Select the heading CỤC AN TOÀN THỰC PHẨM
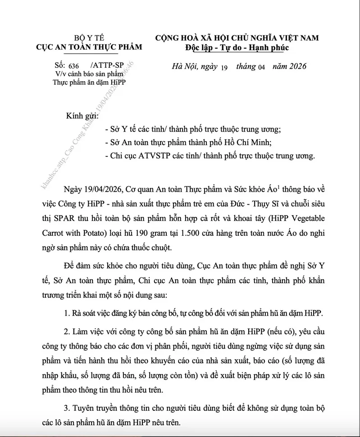coord(89,47)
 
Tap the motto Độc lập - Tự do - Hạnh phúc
coord(237,47)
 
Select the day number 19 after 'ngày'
coord(225,67)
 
